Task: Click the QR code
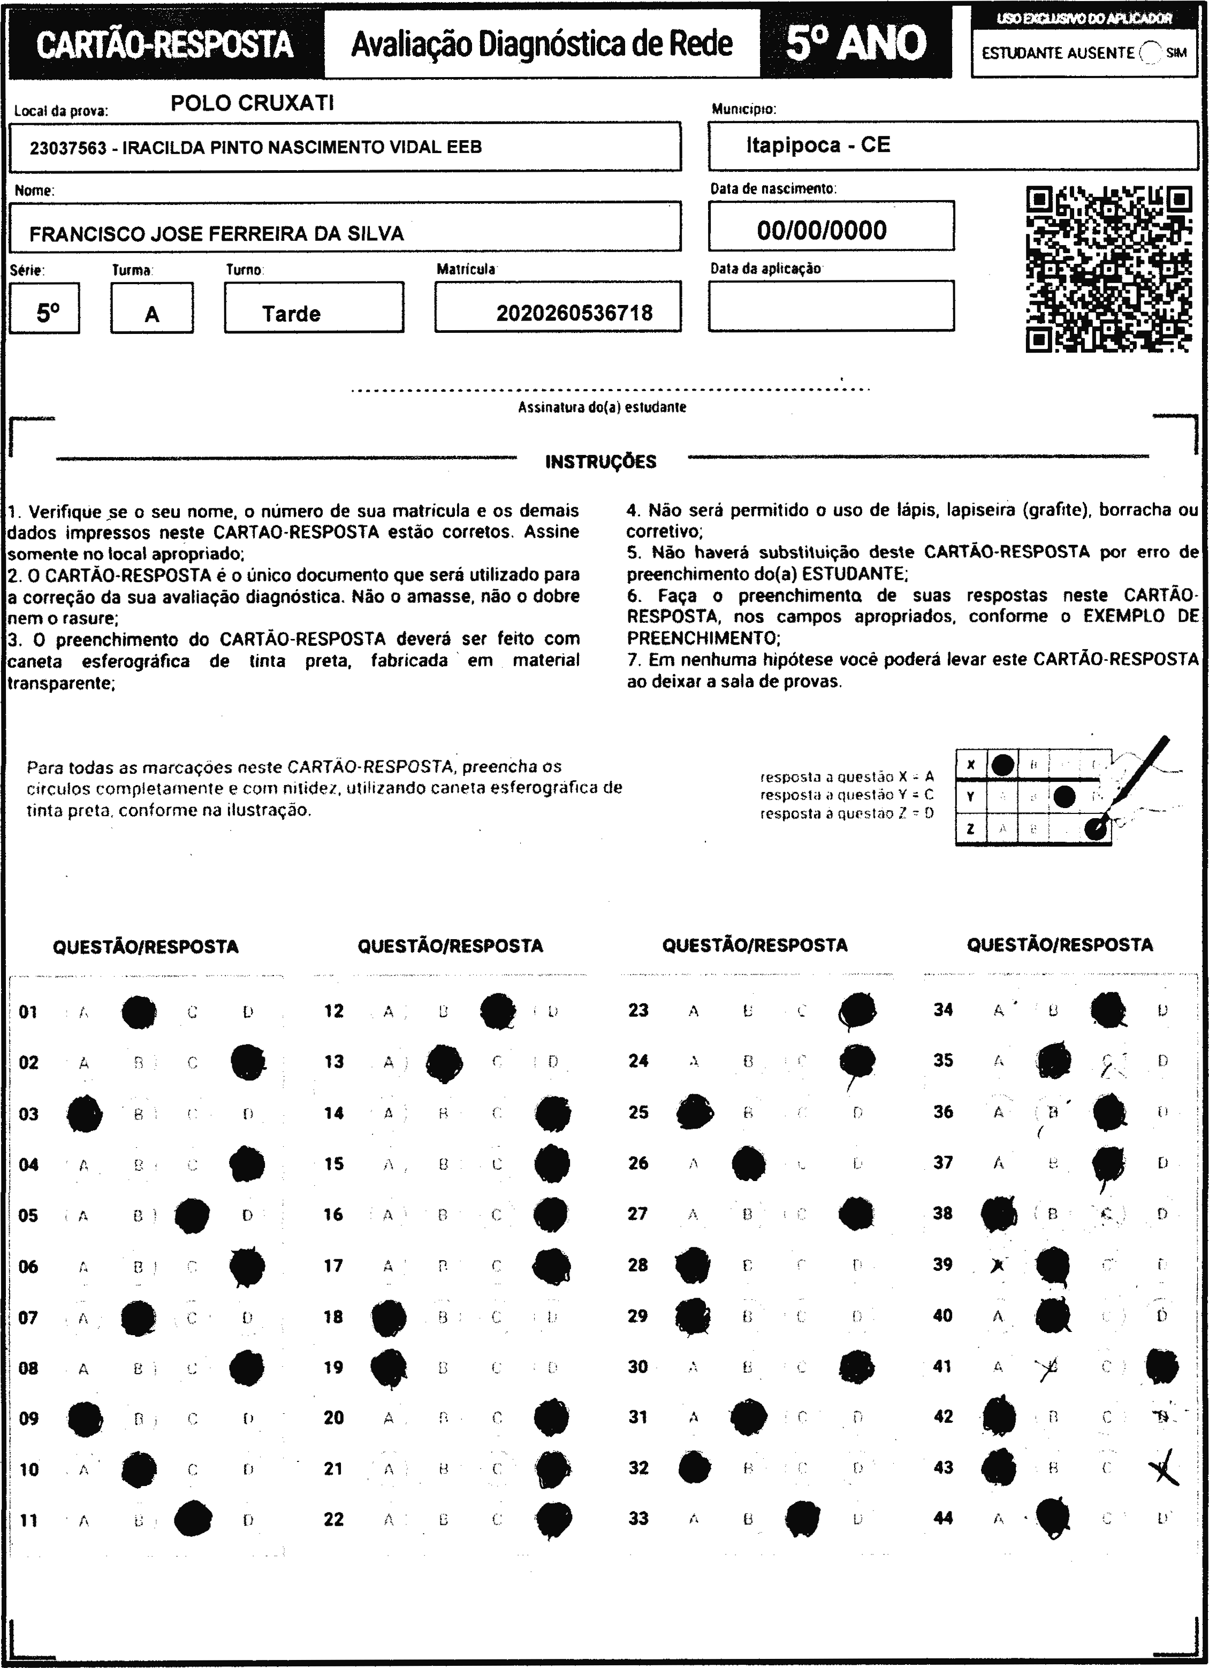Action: [x=1108, y=269]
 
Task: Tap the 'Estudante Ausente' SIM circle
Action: [x=1150, y=53]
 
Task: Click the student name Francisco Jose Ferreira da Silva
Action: [x=216, y=234]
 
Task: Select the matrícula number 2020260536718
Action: [x=574, y=313]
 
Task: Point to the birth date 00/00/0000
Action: [x=822, y=230]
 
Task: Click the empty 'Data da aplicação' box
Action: [x=831, y=306]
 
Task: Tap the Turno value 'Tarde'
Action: [x=291, y=314]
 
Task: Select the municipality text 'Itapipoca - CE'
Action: [x=818, y=145]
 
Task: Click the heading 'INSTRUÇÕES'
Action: [x=601, y=462]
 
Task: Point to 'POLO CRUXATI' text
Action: [x=252, y=103]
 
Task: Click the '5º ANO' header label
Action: [x=855, y=43]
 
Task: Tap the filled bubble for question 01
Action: [x=138, y=1012]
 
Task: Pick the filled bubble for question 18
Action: [x=389, y=1317]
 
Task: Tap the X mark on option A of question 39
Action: [x=998, y=1265]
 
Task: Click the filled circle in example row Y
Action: [x=1064, y=796]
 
